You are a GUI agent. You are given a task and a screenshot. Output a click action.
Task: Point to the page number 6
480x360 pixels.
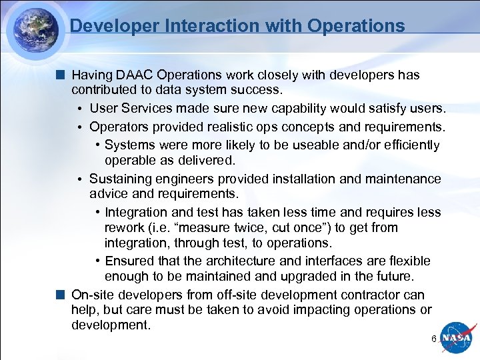tap(434, 339)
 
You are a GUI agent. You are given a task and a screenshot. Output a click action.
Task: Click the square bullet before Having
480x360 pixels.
tap(61, 75)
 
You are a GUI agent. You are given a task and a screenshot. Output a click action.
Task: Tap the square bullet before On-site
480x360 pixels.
tap(61, 295)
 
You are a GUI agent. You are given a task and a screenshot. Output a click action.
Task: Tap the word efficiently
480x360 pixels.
tap(406, 145)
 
